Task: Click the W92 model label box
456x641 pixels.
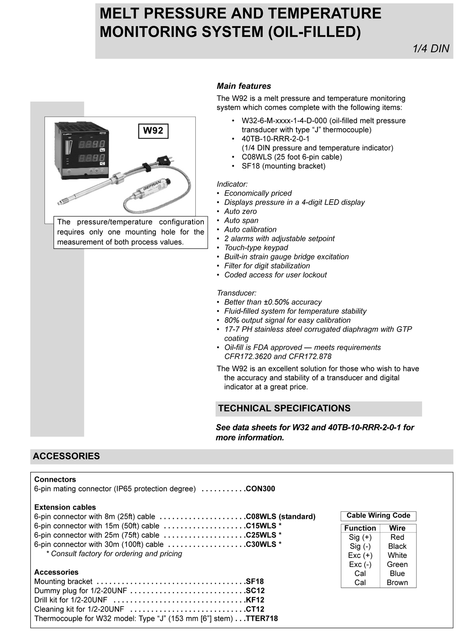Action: click(x=153, y=131)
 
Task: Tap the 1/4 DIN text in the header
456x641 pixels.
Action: click(x=431, y=49)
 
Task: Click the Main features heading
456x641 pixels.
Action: click(x=244, y=86)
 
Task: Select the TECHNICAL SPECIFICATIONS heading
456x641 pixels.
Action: click(x=284, y=408)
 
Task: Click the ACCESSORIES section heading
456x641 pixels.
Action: click(x=66, y=456)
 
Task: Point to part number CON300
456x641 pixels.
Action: click(x=260, y=489)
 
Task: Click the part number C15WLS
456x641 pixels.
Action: click(x=261, y=526)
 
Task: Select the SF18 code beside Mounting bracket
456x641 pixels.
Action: click(x=255, y=581)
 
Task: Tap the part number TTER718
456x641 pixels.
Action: click(x=262, y=618)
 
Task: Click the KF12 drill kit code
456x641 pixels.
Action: click(x=255, y=600)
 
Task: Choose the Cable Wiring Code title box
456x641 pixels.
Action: click(x=378, y=516)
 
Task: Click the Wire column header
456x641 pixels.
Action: click(x=397, y=528)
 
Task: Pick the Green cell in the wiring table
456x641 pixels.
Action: click(x=397, y=564)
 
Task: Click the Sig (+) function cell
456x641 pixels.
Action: click(x=360, y=537)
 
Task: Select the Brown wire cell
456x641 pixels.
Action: click(x=397, y=583)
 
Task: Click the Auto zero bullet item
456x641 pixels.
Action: click(x=240, y=211)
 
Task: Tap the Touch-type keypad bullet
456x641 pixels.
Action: click(x=256, y=248)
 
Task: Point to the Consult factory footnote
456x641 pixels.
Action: click(x=114, y=554)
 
